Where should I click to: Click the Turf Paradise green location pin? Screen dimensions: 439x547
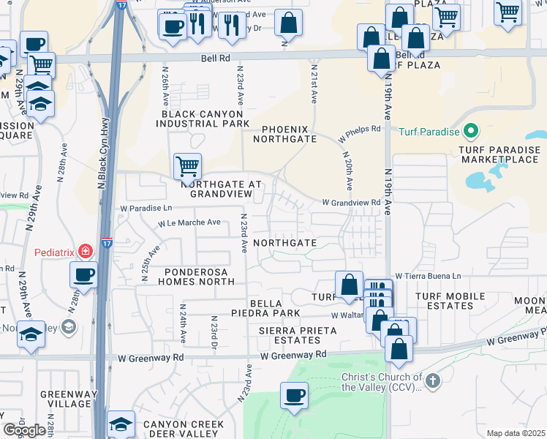coord(470,132)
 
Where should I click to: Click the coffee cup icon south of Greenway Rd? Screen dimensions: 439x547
coord(295,396)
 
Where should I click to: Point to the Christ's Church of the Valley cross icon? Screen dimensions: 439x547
coord(433,380)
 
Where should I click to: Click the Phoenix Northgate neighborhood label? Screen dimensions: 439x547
coord(284,133)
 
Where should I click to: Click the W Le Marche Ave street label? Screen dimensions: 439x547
coord(189,222)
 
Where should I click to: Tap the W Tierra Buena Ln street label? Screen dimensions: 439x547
coord(428,276)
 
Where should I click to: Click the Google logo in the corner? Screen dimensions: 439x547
coord(24,430)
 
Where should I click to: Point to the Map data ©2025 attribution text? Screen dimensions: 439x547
coord(516,433)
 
